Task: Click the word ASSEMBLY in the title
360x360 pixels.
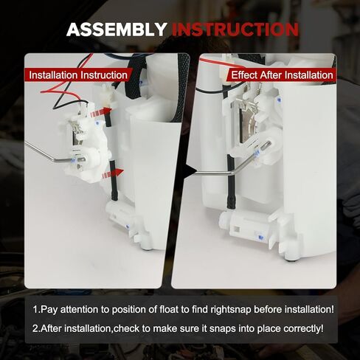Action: (117, 30)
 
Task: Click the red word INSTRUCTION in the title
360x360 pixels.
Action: (235, 30)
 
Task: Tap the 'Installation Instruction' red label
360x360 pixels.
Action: (77, 75)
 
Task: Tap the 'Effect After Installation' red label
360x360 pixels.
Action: (282, 75)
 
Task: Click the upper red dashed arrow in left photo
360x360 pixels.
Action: (100, 111)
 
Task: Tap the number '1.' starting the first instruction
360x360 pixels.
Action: (35, 310)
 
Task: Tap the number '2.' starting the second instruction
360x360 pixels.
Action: (35, 328)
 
